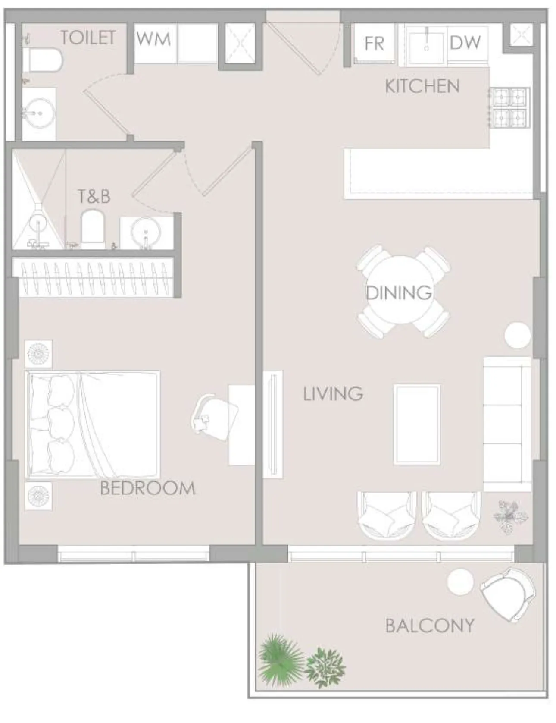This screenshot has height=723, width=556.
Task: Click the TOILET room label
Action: point(88,38)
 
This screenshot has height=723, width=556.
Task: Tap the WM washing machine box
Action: point(154,40)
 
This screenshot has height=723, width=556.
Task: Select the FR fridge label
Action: point(374,44)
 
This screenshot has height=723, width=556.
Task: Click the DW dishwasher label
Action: point(465,43)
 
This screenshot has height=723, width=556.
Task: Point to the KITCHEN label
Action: point(422,86)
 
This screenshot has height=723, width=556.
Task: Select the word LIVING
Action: point(333,394)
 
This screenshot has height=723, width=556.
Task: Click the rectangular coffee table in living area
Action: point(417,424)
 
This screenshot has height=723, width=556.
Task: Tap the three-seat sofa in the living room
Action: point(506,424)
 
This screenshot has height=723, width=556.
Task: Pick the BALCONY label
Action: point(430,626)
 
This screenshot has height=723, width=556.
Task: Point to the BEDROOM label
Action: point(147,488)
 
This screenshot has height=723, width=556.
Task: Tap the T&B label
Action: point(94,196)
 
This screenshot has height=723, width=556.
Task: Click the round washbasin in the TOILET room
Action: point(39,113)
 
